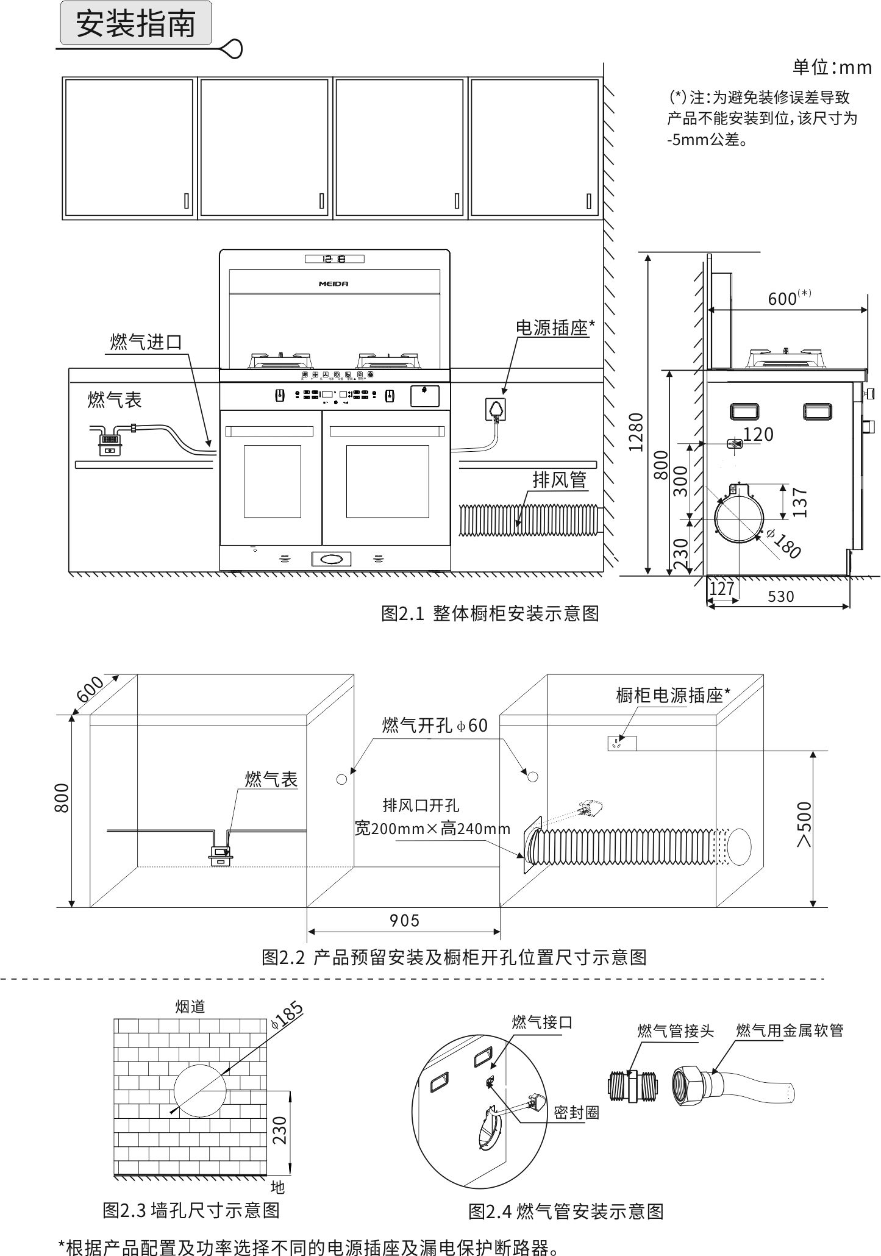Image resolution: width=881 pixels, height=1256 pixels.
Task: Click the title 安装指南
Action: coord(135,24)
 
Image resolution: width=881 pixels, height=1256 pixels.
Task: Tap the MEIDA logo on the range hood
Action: coord(333,284)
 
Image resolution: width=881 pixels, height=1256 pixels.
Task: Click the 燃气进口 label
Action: coord(146,341)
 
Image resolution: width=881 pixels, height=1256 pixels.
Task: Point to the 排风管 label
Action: coord(559,480)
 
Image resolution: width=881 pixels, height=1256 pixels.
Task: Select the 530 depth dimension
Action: coord(780,596)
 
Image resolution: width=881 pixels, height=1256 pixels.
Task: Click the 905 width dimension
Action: coord(404,920)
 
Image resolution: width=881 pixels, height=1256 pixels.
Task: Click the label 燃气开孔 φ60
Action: coord(435,725)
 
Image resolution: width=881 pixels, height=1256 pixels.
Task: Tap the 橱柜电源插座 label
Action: coord(673,695)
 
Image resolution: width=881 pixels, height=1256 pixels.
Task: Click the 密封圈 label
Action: coord(576,1113)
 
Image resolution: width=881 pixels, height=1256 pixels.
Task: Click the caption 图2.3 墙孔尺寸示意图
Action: coord(191,1210)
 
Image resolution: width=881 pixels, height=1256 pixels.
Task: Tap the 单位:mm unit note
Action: coord(832,67)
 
